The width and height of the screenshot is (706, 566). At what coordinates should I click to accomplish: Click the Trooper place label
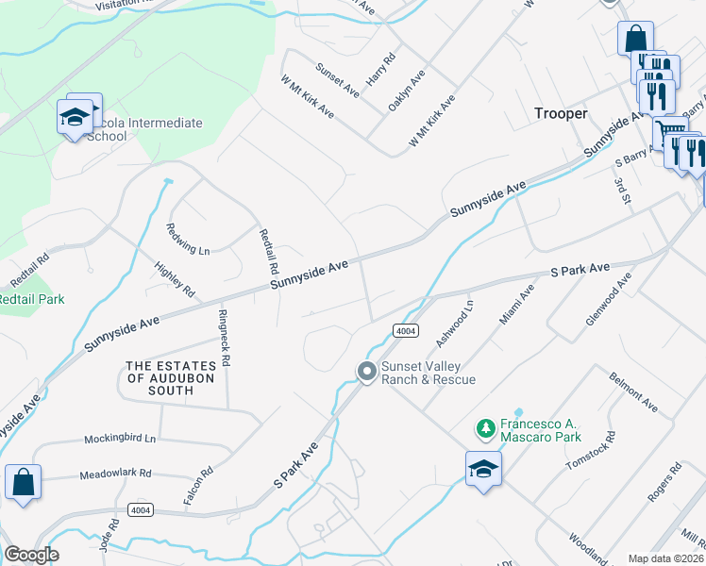point(560,113)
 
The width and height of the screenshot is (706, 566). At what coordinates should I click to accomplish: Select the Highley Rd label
point(176,279)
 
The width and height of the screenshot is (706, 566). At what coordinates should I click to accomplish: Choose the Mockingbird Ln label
point(118,439)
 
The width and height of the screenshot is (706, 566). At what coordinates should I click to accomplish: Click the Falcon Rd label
point(199,485)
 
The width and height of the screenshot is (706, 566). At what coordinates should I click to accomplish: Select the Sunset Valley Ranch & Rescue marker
point(366,373)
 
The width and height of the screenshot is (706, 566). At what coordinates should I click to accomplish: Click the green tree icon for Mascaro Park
point(486,429)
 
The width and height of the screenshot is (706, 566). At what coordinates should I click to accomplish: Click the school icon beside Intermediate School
point(73,116)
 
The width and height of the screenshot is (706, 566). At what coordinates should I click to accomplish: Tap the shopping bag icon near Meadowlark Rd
point(23,482)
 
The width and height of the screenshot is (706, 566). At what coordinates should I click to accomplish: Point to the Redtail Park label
point(32,299)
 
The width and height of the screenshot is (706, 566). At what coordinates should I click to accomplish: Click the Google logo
point(31,555)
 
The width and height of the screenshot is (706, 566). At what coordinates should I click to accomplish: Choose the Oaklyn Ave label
point(407,91)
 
